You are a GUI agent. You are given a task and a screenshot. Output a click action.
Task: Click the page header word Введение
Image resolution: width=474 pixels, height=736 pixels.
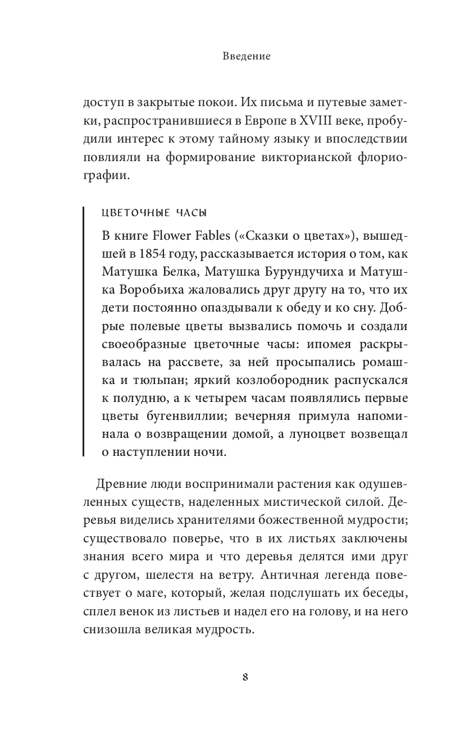[x=238, y=56]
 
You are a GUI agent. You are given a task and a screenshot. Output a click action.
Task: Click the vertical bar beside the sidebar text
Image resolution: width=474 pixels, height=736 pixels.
[x=84, y=331]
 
